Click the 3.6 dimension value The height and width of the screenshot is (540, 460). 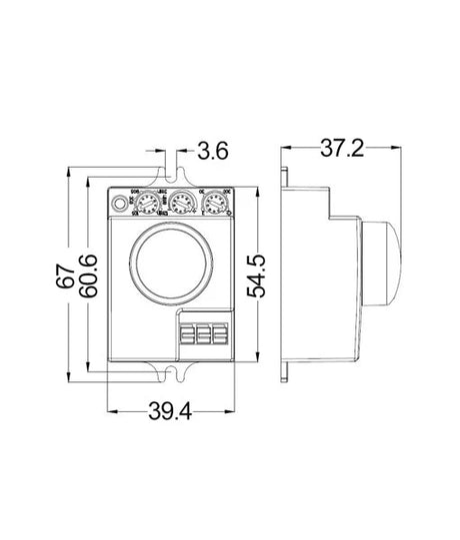(213, 153)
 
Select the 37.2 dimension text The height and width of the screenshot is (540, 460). (341, 149)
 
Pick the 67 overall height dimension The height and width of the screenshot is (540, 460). (62, 274)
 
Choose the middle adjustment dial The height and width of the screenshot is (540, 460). (180, 205)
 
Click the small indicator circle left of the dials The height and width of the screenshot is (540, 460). (123, 205)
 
